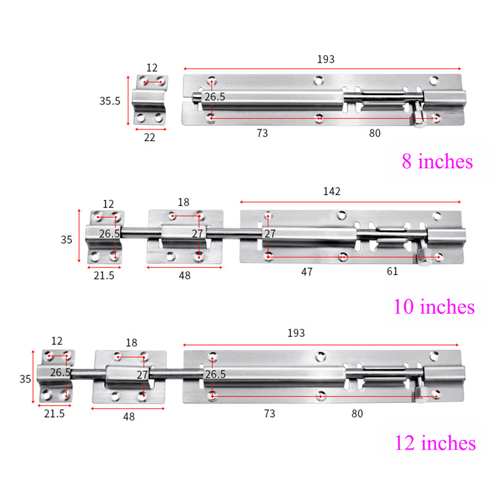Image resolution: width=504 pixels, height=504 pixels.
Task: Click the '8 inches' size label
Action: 437,162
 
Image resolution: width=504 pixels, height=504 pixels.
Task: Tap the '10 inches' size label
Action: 434,306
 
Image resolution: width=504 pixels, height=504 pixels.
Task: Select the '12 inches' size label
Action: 435,443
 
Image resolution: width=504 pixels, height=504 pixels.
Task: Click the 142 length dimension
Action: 332,191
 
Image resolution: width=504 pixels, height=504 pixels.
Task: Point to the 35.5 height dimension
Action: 109,100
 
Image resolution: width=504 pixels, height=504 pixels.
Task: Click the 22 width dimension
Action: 150,137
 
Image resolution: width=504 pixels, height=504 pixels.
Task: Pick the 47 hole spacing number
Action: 307,272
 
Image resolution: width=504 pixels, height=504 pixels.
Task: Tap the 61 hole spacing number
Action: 392,272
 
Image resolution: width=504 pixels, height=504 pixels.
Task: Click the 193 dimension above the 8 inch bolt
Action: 326,59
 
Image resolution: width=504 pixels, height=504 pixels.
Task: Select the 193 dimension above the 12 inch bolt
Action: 296,333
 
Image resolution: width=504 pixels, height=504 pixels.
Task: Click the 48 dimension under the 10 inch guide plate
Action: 184,276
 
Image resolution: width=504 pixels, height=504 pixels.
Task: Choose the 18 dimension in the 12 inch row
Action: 131,343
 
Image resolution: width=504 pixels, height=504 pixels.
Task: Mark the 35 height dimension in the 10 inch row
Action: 67,240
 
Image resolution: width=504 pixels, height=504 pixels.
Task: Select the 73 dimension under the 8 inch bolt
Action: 262,134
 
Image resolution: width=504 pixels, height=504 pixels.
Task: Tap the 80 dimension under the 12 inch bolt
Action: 357,413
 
